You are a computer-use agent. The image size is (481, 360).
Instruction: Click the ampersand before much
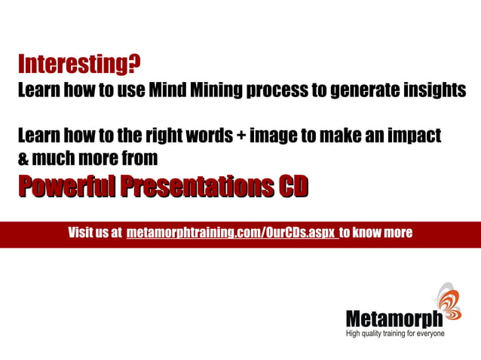[x=23, y=159]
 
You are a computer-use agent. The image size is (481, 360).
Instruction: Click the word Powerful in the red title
[x=67, y=185]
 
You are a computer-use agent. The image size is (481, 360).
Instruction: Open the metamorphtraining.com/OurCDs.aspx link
[x=232, y=233]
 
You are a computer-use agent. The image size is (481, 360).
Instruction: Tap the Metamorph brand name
[x=394, y=319]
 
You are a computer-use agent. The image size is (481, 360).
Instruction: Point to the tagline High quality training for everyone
[x=395, y=333]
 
